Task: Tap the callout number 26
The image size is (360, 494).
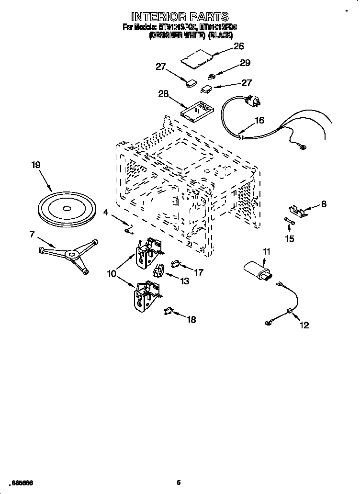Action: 238,46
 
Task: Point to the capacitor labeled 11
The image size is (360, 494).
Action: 259,271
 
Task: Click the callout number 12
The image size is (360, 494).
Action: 304,326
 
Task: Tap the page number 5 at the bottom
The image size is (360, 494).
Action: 179,482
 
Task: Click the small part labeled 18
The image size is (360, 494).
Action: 168,311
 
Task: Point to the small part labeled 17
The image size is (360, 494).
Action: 175,263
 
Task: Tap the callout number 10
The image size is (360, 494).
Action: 112,274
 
